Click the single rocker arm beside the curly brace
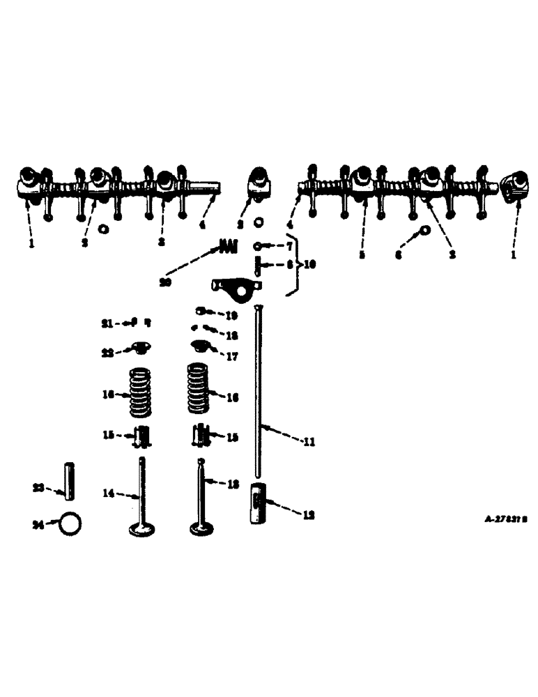pyautogui.click(x=237, y=284)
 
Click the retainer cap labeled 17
pyautogui.click(x=201, y=346)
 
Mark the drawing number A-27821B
pyautogui.click(x=505, y=519)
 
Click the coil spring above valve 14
pyautogui.click(x=142, y=392)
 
